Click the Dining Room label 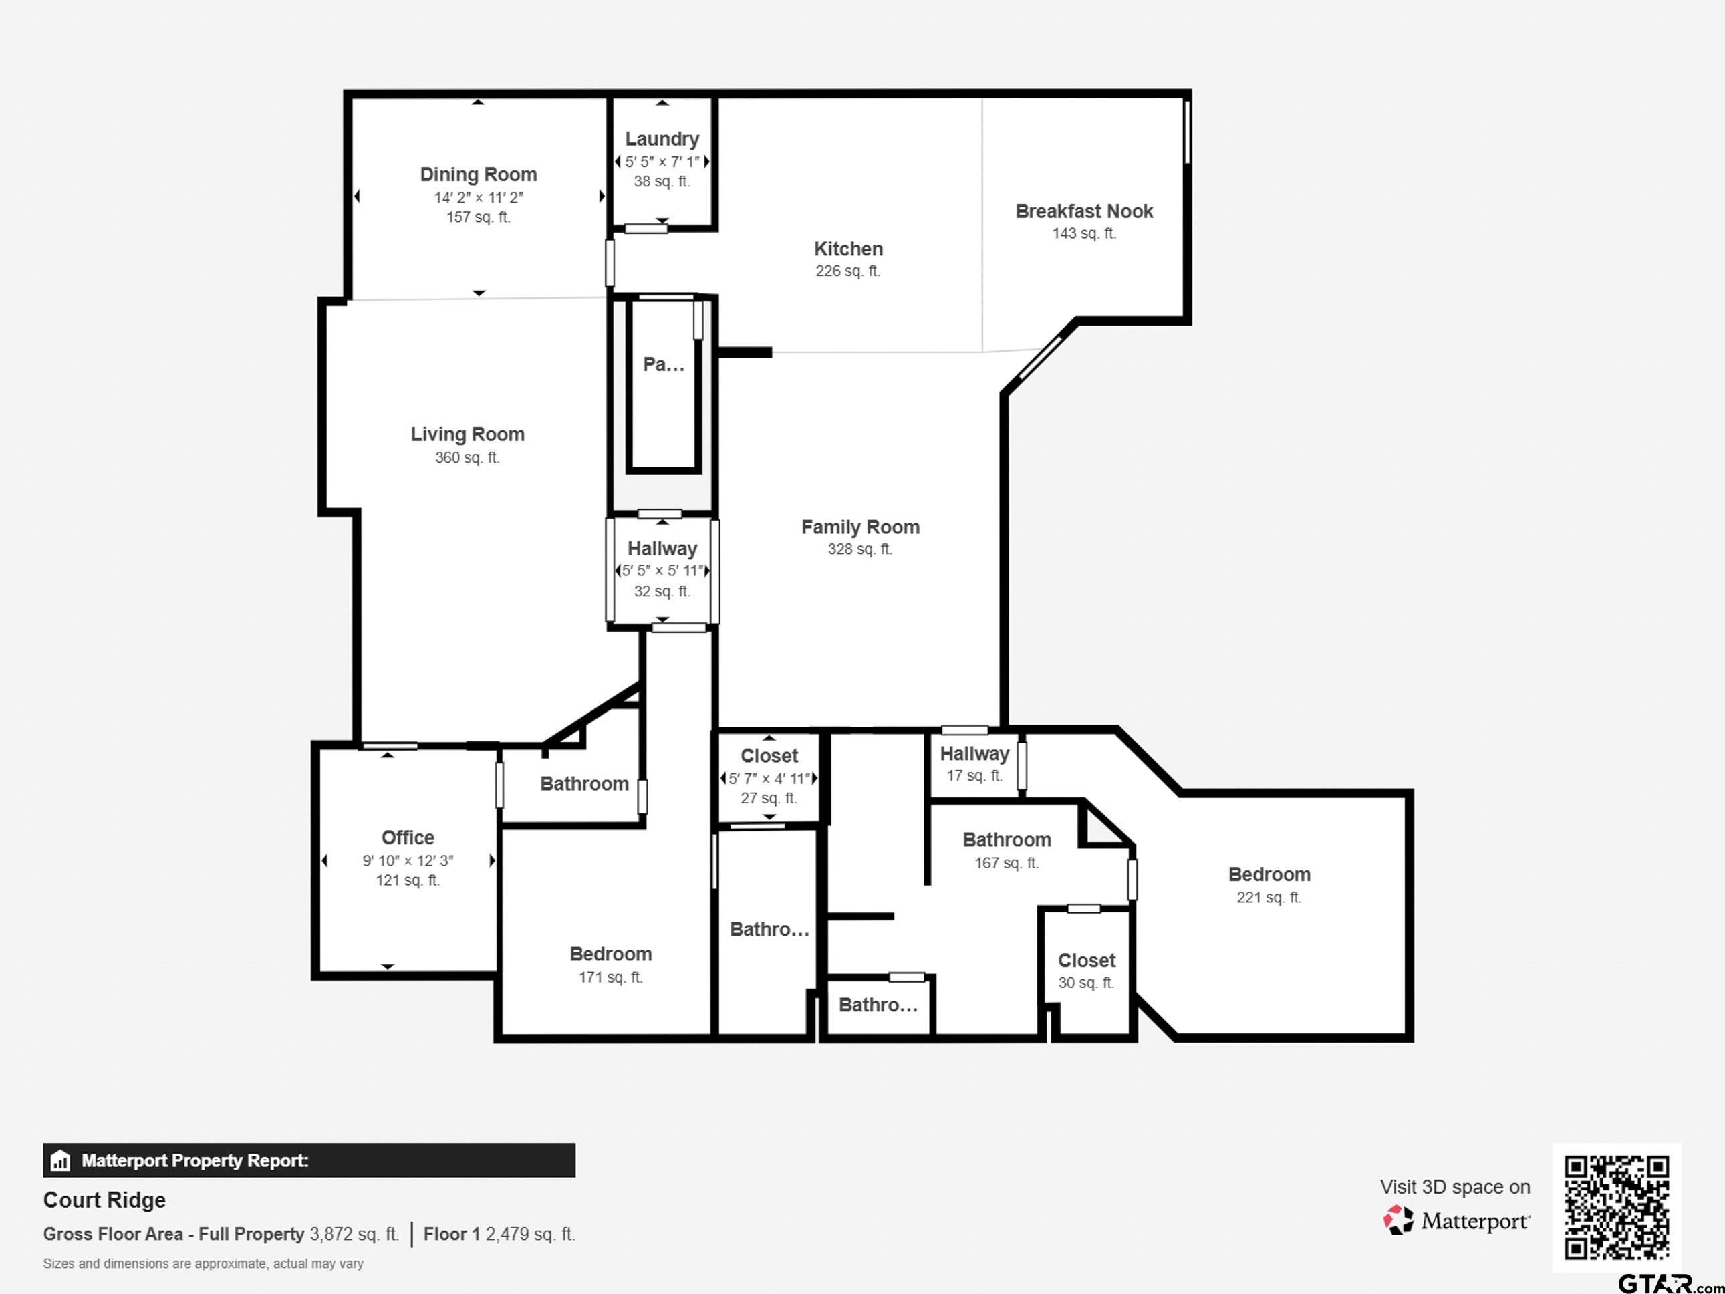tap(478, 174)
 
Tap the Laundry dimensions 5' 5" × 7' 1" tap(662, 162)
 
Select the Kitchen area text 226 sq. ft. tap(847, 271)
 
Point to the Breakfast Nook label tap(1084, 211)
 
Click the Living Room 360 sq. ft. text tap(467, 458)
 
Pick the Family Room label tap(860, 527)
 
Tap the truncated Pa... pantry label tap(663, 364)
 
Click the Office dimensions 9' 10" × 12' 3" tap(408, 860)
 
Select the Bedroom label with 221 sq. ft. tap(1269, 874)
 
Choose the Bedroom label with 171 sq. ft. tap(611, 954)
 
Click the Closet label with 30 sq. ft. tap(1086, 961)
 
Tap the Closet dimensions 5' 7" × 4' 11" tap(769, 779)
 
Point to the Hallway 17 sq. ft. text tap(974, 775)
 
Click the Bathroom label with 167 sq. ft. tap(1006, 840)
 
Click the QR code tap(1617, 1207)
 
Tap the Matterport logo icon tap(1398, 1220)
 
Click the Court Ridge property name tap(104, 1200)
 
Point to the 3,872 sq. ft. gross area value tap(354, 1235)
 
